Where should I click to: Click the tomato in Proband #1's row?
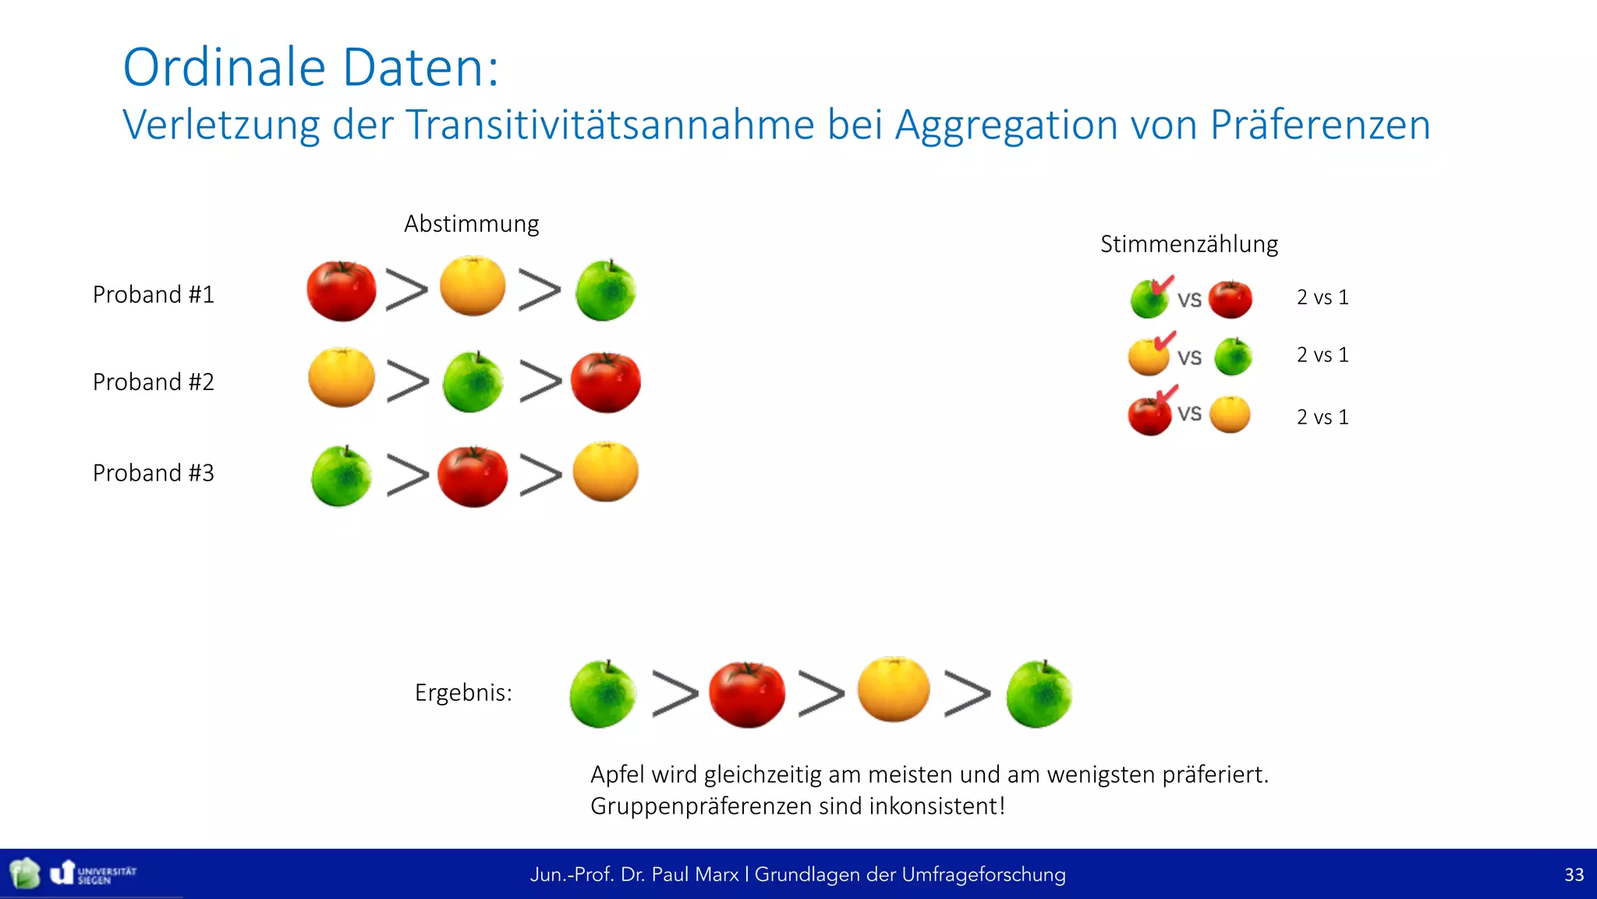pos(341,291)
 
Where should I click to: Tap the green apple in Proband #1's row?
pos(606,291)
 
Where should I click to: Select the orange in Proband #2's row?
pos(341,378)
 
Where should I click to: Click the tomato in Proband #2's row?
pos(606,382)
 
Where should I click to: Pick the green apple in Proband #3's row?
pos(341,476)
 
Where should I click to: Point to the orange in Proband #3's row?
pos(606,472)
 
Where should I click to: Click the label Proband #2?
pos(153,382)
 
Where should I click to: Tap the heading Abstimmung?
pos(471,224)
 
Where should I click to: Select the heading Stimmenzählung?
pos(1188,244)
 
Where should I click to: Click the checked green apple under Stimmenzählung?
pos(1149,300)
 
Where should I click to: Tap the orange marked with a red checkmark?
pos(1148,357)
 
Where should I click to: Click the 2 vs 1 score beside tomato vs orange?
pos(1323,417)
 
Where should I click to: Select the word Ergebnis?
pos(463,692)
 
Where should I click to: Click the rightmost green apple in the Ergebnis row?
pos(1039,695)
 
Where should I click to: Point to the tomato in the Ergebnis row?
pos(746,695)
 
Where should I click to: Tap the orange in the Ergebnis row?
pos(894,690)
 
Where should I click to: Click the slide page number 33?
pos(1574,874)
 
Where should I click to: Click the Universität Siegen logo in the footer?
pos(94,873)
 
